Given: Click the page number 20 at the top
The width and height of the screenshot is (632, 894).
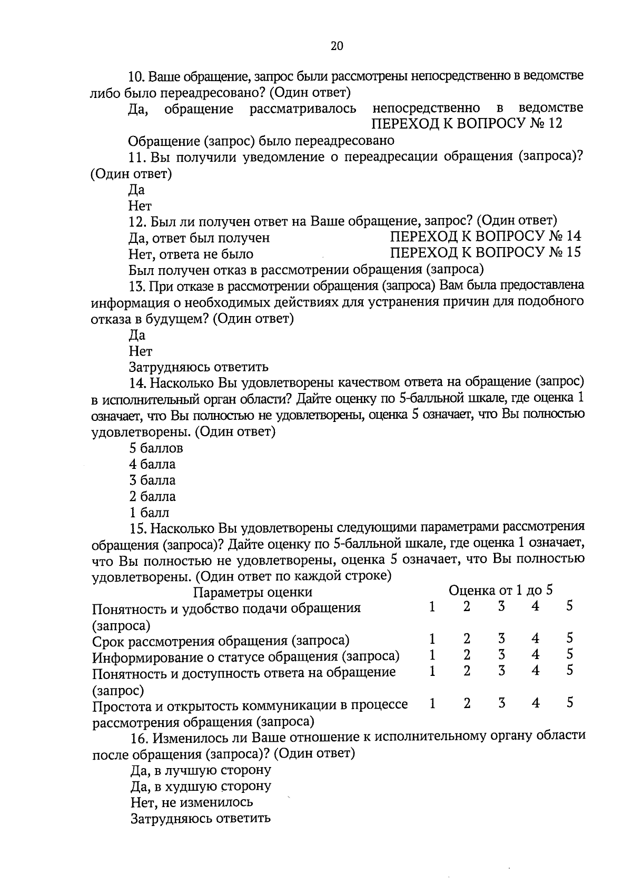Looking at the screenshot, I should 337,46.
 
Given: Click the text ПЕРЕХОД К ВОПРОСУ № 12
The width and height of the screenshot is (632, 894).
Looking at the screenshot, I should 467,124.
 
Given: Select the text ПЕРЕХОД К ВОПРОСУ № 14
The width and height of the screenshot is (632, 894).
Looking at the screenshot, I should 485,236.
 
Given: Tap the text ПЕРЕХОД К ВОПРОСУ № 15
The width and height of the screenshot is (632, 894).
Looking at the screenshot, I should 485,252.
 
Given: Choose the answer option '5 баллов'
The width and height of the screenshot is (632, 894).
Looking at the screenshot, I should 156,448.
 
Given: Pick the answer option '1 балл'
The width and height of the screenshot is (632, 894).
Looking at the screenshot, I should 149,513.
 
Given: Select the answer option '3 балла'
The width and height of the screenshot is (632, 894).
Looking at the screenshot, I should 152,480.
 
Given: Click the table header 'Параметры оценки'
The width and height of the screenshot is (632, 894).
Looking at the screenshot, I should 253,592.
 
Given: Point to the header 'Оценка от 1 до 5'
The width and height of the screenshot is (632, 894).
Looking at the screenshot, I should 501,590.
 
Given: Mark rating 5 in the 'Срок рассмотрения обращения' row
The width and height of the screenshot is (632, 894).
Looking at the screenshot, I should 570,638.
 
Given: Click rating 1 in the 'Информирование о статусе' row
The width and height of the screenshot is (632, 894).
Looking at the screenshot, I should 432,655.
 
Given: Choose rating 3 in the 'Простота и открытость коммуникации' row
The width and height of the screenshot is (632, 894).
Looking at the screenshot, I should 501,703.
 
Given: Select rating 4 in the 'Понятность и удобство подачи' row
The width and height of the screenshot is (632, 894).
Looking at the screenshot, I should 535,606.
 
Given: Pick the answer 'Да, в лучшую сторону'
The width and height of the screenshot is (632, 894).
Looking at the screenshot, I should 201,770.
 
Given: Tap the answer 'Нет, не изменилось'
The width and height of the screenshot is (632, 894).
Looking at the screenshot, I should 192,802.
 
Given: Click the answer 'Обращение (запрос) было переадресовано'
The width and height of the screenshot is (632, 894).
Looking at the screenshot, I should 261,141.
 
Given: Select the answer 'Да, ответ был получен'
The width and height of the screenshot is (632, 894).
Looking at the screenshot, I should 199,238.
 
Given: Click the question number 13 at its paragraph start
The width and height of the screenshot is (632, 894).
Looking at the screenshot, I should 136,286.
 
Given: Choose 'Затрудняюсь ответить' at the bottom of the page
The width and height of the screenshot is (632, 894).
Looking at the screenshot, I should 200,819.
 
